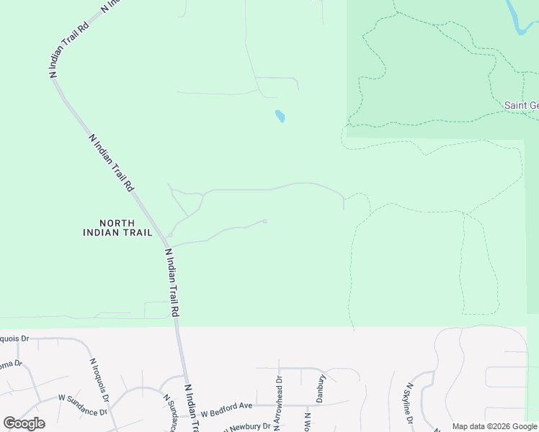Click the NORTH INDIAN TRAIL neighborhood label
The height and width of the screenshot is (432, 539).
click(x=117, y=228)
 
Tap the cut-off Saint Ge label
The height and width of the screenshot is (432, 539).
click(x=520, y=105)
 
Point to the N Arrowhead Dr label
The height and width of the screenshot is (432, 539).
click(x=276, y=398)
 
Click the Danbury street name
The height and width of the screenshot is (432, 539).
click(x=321, y=387)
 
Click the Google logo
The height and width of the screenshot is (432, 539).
click(x=24, y=423)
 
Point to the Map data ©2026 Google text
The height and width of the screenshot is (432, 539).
click(x=494, y=427)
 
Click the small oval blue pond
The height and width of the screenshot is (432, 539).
click(x=280, y=115)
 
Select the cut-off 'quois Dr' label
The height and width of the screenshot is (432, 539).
click(x=14, y=338)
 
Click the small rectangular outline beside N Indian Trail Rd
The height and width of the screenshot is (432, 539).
click(x=156, y=310)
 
